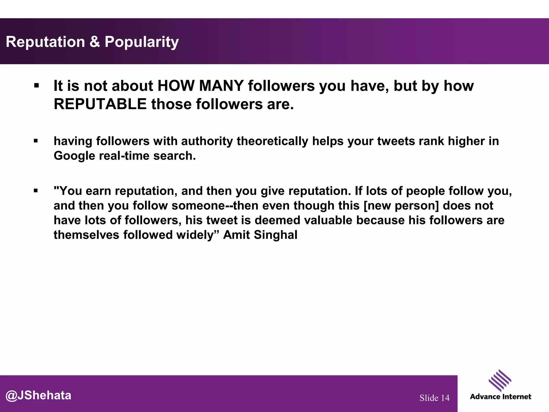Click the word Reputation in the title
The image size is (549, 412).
[45, 42]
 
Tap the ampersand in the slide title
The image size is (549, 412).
[94, 42]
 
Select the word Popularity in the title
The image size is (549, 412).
[142, 42]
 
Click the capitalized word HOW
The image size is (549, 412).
[176, 86]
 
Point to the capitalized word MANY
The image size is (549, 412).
[221, 86]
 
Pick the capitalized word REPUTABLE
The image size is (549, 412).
[100, 104]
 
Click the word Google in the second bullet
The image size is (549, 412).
[74, 156]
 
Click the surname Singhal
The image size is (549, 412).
[276, 235]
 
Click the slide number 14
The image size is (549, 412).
[445, 398]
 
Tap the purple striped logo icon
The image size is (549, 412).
[500, 380]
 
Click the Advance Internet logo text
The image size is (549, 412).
[500, 397]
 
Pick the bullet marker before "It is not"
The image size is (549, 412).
[36, 86]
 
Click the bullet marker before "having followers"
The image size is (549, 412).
[36, 141]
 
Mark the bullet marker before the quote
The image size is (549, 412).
[36, 191]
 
